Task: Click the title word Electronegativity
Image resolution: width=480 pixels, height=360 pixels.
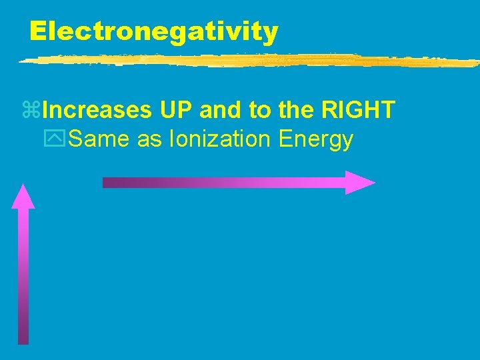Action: point(153,31)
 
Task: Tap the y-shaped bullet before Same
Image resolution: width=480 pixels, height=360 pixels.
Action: point(59,140)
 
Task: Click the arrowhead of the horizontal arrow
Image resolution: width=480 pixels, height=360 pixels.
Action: point(359,183)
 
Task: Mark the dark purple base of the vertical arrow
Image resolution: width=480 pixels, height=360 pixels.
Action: point(23,330)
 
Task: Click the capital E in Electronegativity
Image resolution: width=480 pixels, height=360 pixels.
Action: point(39,31)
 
